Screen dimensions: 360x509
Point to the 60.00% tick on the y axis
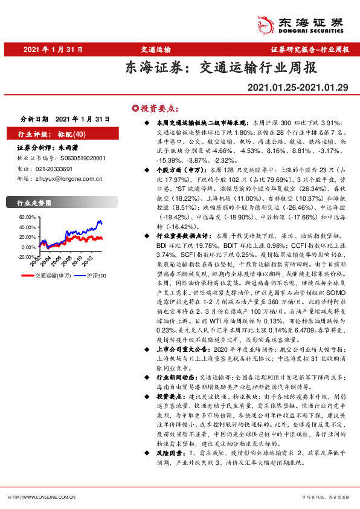click(x=28, y=216)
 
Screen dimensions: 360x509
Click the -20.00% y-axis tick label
click(x=27, y=256)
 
